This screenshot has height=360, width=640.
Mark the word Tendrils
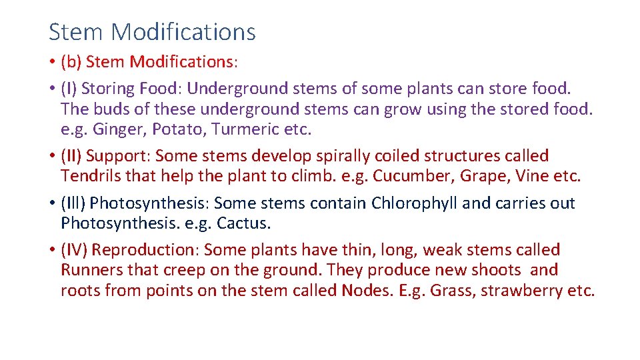(x=87, y=176)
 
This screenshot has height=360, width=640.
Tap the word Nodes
(x=365, y=290)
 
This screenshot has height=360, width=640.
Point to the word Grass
(x=449, y=290)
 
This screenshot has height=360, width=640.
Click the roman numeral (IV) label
(x=74, y=250)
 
